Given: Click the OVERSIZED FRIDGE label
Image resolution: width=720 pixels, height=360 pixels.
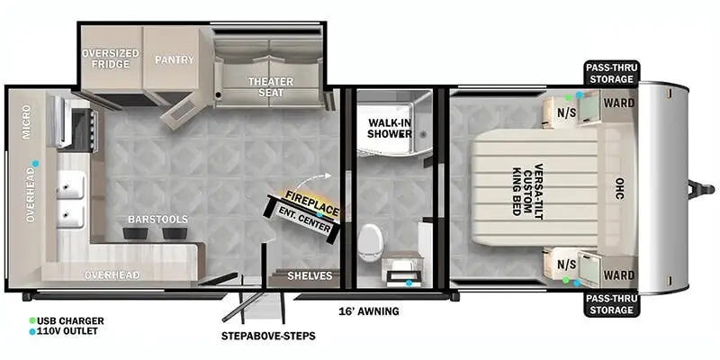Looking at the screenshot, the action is point(110,58).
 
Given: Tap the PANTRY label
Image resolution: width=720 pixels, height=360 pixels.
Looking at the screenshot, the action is point(174,59).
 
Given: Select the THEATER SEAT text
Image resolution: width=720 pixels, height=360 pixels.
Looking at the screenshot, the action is point(271,86).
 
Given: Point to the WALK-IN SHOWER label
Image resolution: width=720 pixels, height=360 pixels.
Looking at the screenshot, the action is point(390,128).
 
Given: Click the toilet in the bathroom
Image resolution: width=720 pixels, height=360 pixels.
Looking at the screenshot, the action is point(370,242).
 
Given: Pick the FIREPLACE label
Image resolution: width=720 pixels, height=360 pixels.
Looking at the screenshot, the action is point(312,203).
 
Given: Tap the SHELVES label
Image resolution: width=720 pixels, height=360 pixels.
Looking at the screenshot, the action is point(310,276).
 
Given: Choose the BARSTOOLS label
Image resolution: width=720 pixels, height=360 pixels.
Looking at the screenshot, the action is point(158,220).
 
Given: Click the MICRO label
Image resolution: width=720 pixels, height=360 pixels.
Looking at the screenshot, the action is point(27,121).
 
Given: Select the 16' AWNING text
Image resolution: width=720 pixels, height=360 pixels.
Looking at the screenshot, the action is point(369,311).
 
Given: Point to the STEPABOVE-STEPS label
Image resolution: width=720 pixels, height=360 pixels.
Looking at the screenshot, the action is point(268,336).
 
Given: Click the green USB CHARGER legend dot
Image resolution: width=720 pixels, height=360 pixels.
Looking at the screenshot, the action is point(32,320).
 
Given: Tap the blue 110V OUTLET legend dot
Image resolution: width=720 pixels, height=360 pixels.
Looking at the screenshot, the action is point(32,331).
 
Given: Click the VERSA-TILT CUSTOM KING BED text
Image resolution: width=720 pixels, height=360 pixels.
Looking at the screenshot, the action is point(527,192).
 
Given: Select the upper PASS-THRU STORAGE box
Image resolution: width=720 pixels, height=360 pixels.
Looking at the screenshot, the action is point(611,74).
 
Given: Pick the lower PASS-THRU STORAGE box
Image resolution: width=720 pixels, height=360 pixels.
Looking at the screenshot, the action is point(611,305).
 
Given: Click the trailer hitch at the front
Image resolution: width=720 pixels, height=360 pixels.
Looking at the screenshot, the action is point(701,189).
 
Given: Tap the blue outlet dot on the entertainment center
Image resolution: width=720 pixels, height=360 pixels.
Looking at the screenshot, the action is point(319,215).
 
